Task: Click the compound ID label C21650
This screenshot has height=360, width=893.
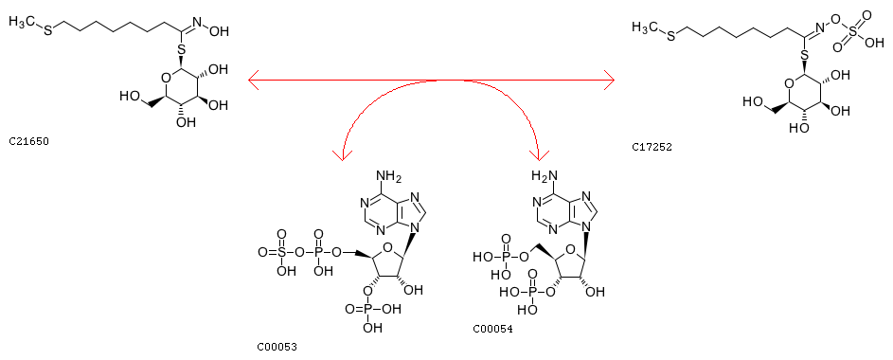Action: pyautogui.click(x=29, y=141)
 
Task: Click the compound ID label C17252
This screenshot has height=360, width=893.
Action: pyautogui.click(x=652, y=147)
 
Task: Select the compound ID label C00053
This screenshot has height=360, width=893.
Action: pyautogui.click(x=277, y=347)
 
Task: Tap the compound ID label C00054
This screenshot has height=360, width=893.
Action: pyautogui.click(x=492, y=329)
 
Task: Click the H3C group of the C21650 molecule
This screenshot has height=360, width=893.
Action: pyautogui.click(x=22, y=22)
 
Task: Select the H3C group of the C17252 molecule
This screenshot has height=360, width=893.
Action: pyautogui.click(x=645, y=27)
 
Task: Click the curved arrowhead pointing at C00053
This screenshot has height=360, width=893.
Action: pyautogui.click(x=342, y=154)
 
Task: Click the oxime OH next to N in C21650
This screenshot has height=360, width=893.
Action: pyautogui.click(x=220, y=30)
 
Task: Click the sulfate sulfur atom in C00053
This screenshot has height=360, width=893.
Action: pyautogui.click(x=282, y=251)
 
